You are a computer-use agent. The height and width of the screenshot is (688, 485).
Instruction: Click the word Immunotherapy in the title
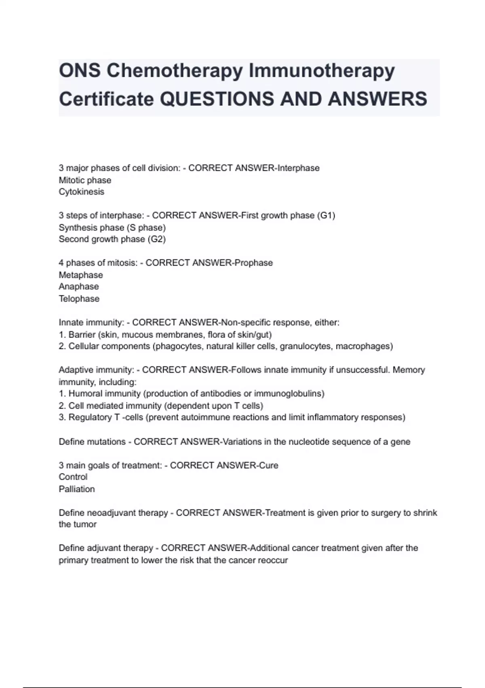[x=321, y=71]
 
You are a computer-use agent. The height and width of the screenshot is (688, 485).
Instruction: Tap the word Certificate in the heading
[x=106, y=99]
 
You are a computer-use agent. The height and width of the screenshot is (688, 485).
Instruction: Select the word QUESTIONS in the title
[x=217, y=99]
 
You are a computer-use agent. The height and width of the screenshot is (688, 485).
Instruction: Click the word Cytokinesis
[x=81, y=192]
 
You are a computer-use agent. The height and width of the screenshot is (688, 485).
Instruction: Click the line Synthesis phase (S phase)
[x=112, y=227]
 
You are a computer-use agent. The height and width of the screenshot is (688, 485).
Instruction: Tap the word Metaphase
[x=81, y=275]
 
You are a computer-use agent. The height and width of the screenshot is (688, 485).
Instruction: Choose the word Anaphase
[x=79, y=287]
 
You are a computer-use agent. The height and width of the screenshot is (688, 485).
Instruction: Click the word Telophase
[x=79, y=299]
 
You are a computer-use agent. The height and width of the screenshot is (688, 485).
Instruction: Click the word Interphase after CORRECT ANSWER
[x=298, y=168]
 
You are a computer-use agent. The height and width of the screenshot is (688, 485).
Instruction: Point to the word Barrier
[x=82, y=335]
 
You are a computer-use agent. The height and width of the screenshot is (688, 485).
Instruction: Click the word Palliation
[x=77, y=489]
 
